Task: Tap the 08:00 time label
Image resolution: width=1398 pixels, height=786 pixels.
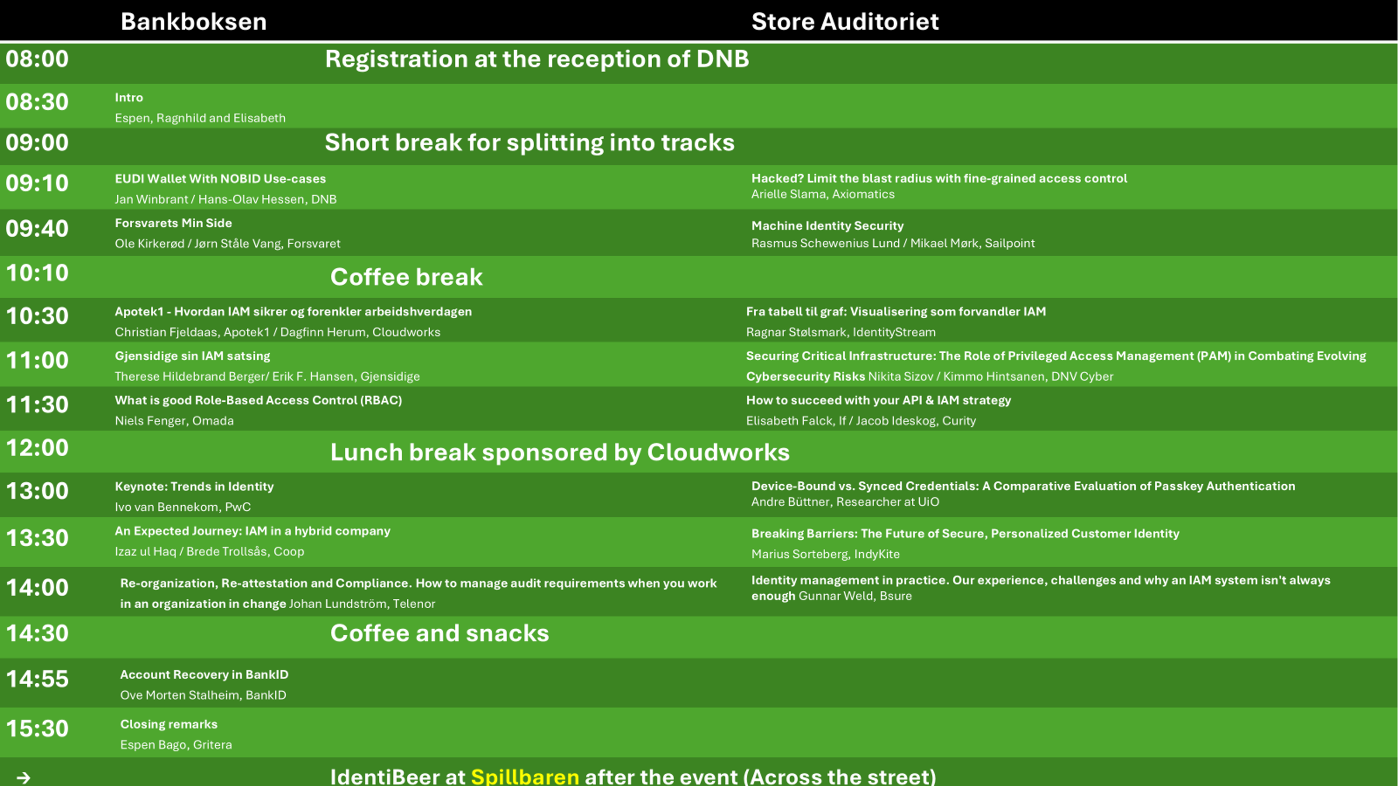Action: [37, 59]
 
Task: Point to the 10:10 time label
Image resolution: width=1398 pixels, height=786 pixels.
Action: [37, 273]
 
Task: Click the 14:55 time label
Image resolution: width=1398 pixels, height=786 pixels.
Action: [37, 679]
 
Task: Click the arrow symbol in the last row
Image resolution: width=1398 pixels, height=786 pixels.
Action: [23, 778]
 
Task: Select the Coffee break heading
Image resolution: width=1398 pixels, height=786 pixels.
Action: [406, 277]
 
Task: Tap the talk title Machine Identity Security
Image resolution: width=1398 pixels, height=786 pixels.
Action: [827, 226]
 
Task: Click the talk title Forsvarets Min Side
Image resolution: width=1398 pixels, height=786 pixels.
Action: [173, 223]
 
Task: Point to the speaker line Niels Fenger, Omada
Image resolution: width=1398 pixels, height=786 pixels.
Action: [174, 421]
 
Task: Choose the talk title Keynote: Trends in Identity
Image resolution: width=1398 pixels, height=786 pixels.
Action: [194, 486]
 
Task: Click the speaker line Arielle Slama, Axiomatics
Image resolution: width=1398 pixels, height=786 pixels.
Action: [823, 194]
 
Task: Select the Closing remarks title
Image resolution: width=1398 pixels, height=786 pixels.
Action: [169, 724]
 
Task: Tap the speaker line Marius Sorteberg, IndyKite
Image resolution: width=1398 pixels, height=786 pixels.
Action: [825, 554]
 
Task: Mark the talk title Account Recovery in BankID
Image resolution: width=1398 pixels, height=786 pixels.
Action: [204, 675]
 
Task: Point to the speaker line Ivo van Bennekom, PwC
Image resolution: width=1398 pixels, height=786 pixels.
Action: [183, 507]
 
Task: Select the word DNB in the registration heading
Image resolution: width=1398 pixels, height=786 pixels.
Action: [722, 59]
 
